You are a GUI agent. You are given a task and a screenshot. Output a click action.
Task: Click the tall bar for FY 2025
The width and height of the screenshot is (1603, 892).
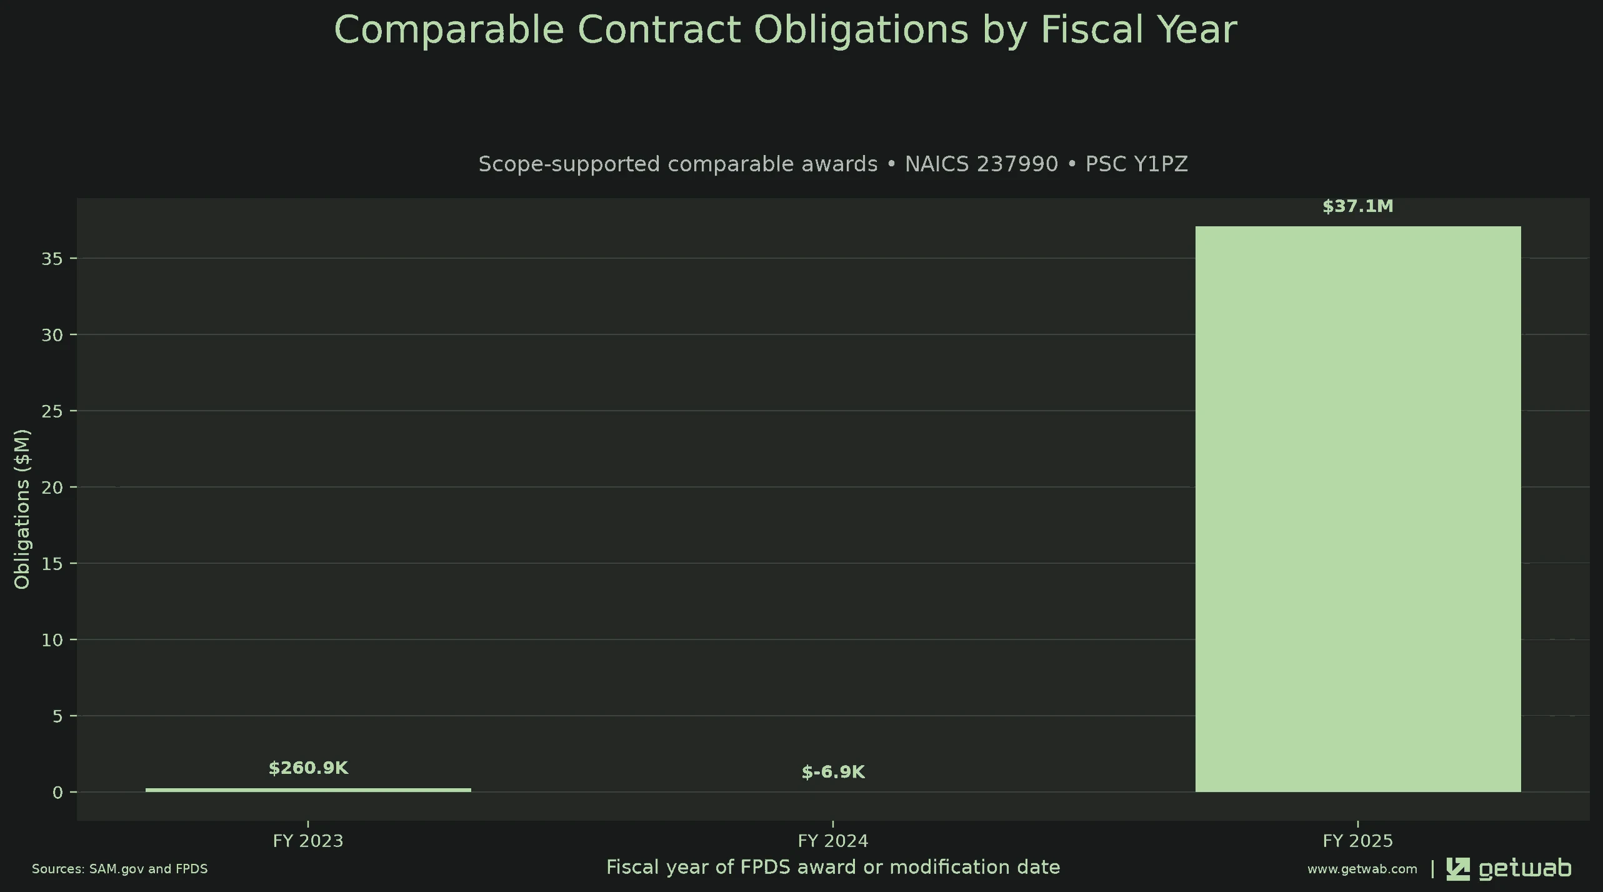pos(1358,509)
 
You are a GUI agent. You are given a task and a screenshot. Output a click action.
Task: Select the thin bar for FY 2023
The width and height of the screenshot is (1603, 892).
pos(308,790)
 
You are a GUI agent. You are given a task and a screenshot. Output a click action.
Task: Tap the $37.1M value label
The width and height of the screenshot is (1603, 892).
pos(1358,206)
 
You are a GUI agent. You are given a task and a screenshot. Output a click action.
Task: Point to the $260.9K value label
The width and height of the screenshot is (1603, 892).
pos(308,768)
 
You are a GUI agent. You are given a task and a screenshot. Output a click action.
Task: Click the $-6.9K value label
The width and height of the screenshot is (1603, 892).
pos(833,772)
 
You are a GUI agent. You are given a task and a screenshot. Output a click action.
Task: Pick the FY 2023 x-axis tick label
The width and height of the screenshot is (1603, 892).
pos(308,841)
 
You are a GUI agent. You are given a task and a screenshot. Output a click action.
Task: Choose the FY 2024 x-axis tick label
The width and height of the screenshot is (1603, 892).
pos(833,841)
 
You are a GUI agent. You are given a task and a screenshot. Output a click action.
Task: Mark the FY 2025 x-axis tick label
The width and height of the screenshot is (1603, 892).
pos(1358,841)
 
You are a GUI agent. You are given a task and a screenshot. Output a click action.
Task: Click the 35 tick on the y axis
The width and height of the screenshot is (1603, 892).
pos(52,259)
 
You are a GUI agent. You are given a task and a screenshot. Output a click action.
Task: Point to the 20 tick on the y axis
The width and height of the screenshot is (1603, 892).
pos(52,488)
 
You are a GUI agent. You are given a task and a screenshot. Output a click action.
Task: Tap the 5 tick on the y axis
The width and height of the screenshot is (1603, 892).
pos(58,716)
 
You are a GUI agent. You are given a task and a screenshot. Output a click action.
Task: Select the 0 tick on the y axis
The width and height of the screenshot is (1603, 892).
pos(58,793)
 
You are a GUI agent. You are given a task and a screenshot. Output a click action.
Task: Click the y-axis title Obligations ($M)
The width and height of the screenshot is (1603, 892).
pos(22,509)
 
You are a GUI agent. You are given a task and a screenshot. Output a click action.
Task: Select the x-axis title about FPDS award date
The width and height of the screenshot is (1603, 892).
pos(833,867)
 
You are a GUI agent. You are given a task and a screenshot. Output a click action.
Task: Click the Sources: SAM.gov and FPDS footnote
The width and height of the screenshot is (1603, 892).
pos(120,869)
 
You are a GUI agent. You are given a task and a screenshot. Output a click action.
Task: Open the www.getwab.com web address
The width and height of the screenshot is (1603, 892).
pos(1362,869)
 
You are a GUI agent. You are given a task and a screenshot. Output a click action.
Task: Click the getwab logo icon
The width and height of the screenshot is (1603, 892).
pos(1458,869)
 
